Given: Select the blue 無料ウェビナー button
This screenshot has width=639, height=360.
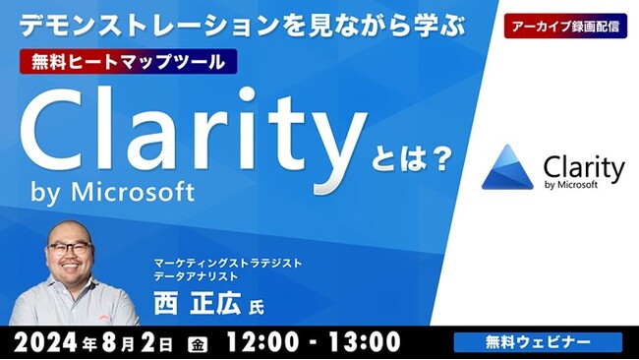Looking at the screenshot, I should coord(537,341).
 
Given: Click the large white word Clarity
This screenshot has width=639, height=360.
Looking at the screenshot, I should coord(184,135).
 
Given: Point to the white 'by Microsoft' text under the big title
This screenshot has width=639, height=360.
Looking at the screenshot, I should coord(113,190).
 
